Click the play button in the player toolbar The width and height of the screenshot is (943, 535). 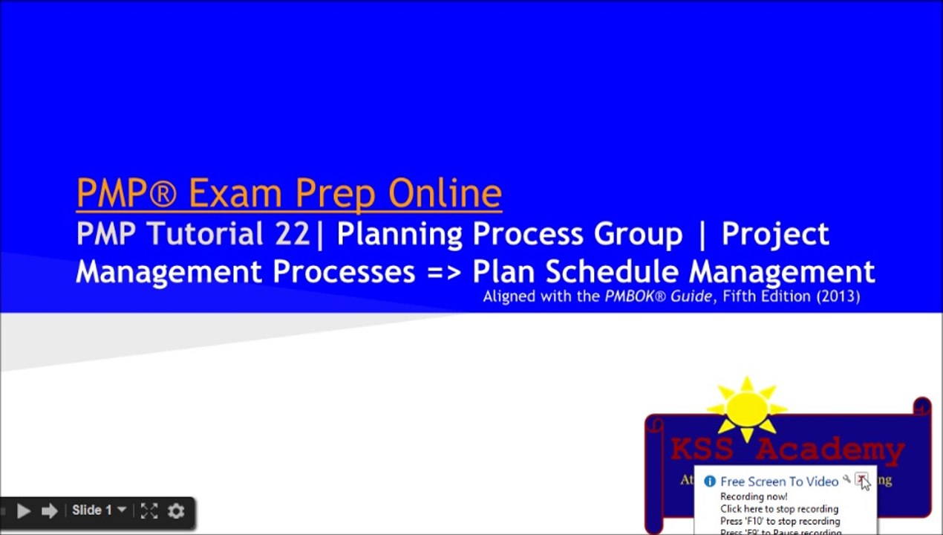pos(23,510)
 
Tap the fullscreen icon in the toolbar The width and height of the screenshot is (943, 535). pos(149,510)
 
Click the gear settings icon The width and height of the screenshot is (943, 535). pos(176,510)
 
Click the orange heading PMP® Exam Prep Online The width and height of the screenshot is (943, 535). pos(289,192)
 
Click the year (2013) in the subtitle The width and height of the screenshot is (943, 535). pos(837,296)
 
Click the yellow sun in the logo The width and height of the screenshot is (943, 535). pos(747,409)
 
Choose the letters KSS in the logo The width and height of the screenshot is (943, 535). pos(702,450)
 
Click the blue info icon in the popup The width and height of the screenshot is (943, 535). pos(709,481)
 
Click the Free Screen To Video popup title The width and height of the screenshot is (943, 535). pos(779,481)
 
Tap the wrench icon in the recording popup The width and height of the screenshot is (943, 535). pos(846,480)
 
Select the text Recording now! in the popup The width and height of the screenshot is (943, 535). pos(754,496)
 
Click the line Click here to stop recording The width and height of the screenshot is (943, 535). pos(779,509)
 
